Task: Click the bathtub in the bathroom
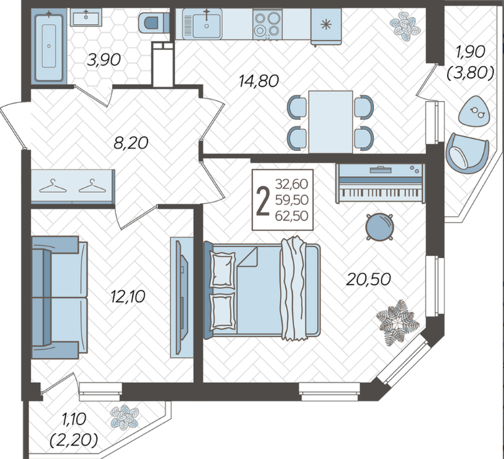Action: pyautogui.click(x=49, y=46)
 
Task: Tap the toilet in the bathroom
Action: pyautogui.click(x=154, y=23)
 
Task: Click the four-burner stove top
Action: pyautogui.click(x=266, y=24)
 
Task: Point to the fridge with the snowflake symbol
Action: pyautogui.click(x=326, y=26)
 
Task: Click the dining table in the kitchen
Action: pyautogui.click(x=331, y=121)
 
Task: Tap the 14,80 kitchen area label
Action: pyautogui.click(x=258, y=81)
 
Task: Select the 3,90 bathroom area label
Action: pyautogui.click(x=104, y=60)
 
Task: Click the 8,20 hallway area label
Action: pyautogui.click(x=131, y=142)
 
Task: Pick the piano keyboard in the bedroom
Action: pyautogui.click(x=381, y=183)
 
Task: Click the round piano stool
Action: pyautogui.click(x=379, y=227)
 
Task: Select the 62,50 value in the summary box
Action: pyautogui.click(x=292, y=216)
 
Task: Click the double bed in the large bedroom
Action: pyautogui.click(x=262, y=289)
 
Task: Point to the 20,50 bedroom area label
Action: pyautogui.click(x=368, y=279)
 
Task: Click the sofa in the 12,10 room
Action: pyautogui.click(x=59, y=297)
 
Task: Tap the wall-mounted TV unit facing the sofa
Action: pyautogui.click(x=181, y=297)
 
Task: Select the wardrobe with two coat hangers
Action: pyautogui.click(x=73, y=187)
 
